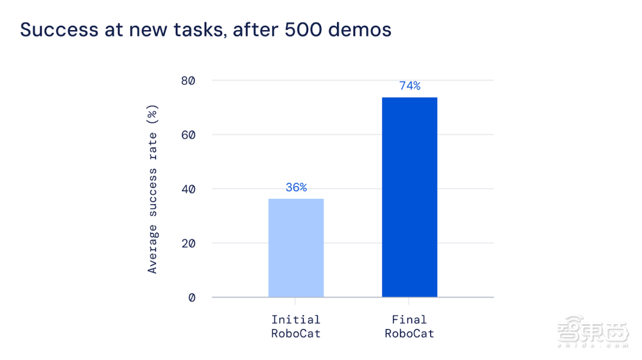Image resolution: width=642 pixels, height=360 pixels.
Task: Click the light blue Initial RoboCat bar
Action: coord(296,248)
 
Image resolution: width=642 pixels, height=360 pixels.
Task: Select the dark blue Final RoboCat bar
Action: coord(410,197)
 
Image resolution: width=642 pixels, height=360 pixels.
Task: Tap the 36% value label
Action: coord(296,187)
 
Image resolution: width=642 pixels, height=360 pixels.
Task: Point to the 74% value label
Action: coord(410,85)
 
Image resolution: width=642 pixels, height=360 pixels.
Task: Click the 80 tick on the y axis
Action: coord(188,81)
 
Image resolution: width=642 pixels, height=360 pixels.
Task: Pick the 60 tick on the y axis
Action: coord(188,135)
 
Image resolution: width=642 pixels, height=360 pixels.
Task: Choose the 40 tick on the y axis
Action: coord(188,189)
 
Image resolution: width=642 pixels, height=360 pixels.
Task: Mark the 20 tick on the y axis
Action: coord(188,243)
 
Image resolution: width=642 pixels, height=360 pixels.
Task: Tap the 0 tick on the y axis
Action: coord(191,297)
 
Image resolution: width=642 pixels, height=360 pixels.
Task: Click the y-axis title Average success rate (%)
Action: coord(152,189)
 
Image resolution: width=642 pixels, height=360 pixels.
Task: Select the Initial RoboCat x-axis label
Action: coord(295,327)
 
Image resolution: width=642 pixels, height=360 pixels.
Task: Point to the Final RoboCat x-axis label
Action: coord(410,327)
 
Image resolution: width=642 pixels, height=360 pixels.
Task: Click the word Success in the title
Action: coord(59,30)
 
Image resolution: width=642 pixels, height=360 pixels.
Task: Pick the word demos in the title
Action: coord(360,30)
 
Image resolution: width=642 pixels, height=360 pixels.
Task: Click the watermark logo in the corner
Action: coord(593,331)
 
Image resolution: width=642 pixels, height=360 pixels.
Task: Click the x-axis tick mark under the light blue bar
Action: coord(295,301)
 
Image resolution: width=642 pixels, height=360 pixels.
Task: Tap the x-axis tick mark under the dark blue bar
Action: coord(408,301)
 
